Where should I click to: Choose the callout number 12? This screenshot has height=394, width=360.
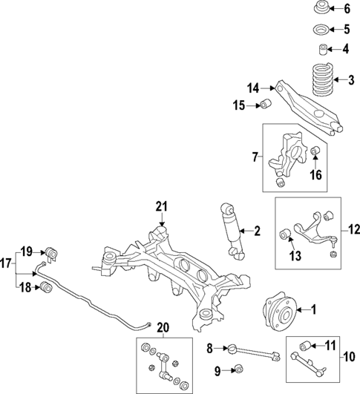coord(354,231)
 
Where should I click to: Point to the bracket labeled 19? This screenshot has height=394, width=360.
coord(50,252)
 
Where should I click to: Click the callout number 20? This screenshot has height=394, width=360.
coord(163,327)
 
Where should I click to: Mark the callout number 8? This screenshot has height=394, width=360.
coord(210,347)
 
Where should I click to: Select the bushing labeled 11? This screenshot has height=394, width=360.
coord(304,345)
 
